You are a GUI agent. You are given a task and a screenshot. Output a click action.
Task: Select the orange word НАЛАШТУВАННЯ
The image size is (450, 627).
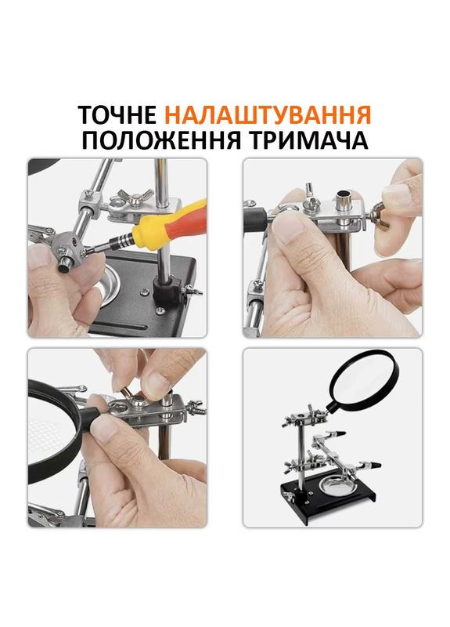[x=268, y=116]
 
